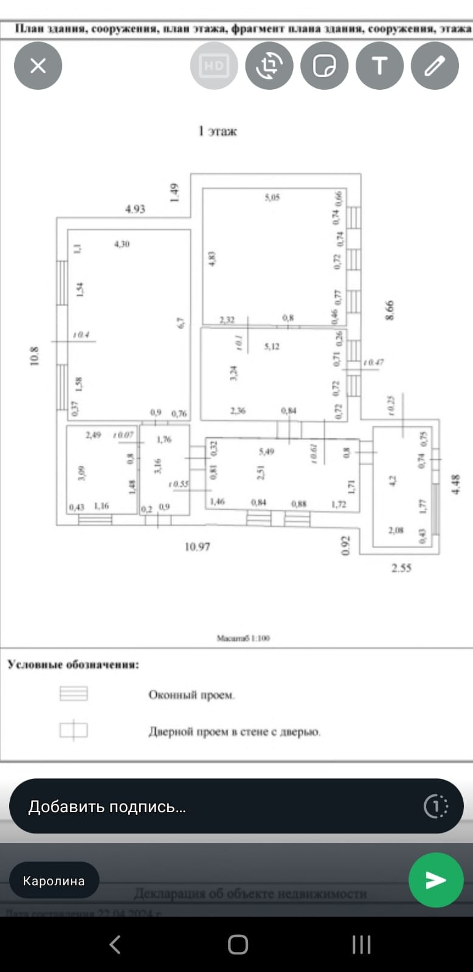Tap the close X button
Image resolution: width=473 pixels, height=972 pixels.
click(x=38, y=66)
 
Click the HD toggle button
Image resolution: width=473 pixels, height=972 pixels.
click(x=213, y=66)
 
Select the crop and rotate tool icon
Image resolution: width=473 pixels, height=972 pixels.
click(x=269, y=66)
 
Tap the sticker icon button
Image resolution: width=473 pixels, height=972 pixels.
click(x=324, y=66)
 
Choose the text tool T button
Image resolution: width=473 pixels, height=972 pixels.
click(x=379, y=66)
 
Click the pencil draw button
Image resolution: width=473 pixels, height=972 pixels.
click(x=435, y=66)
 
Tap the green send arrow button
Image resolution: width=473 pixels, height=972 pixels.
click(x=435, y=880)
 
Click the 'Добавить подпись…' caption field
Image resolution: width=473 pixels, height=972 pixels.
click(x=219, y=806)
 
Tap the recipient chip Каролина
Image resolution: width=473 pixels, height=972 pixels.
click(x=54, y=880)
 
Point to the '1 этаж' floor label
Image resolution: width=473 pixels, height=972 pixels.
click(x=218, y=131)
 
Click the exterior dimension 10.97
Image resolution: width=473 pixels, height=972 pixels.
click(x=197, y=547)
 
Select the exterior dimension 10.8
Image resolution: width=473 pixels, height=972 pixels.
click(x=35, y=355)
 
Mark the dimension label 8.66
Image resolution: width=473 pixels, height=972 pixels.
click(x=390, y=310)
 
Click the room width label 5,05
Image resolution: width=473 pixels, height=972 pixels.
click(x=272, y=197)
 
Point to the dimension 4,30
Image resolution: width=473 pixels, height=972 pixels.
click(x=122, y=244)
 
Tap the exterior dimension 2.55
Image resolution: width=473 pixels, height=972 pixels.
click(x=401, y=568)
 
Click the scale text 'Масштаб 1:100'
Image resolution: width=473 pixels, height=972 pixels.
click(x=243, y=638)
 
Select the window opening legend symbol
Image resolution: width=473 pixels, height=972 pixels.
click(x=74, y=693)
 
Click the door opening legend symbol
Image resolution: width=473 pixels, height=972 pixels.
click(x=74, y=730)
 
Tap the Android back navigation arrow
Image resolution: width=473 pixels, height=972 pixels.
click(x=114, y=945)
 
